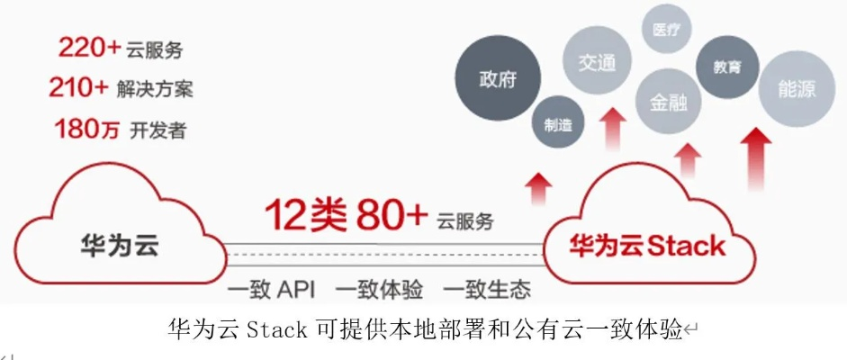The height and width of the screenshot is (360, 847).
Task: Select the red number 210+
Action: tap(79, 88)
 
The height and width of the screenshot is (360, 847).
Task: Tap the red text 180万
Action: tap(87, 129)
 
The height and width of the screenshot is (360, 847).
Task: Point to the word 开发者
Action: tap(163, 130)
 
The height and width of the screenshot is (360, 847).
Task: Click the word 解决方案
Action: tap(155, 89)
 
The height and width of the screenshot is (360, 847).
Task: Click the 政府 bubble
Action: tap(498, 78)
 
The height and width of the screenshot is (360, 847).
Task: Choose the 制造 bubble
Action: tap(558, 125)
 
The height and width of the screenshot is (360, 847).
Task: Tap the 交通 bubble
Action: tap(597, 63)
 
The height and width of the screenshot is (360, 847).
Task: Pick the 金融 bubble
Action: tap(668, 103)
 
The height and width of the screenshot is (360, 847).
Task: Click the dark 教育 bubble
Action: tap(725, 67)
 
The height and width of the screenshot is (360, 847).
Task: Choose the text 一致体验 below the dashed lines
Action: tap(378, 290)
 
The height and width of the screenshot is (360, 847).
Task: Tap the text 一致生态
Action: tap(487, 290)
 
